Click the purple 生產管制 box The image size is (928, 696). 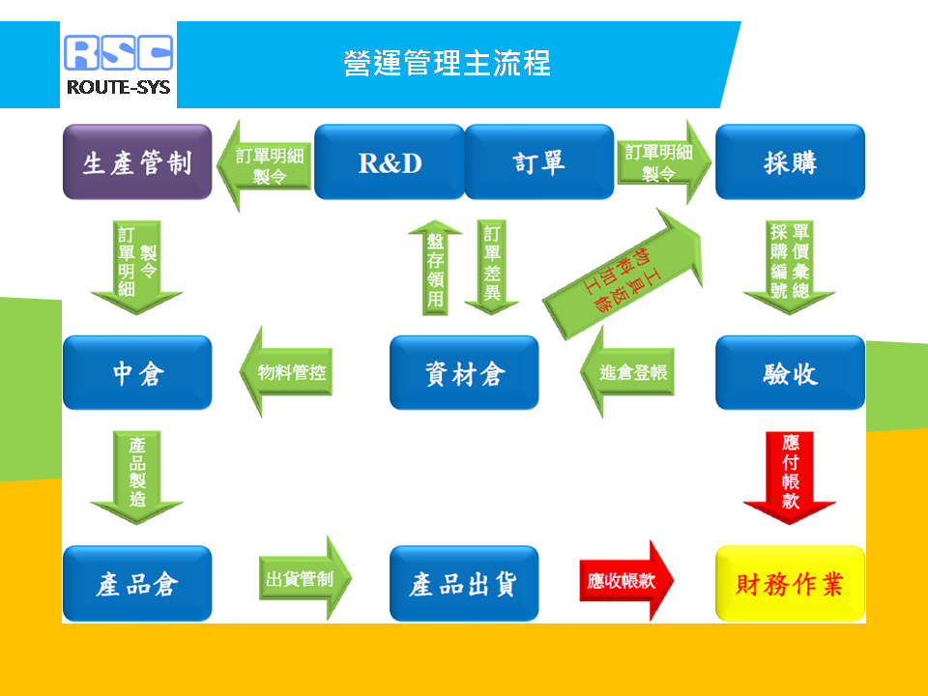tap(137, 162)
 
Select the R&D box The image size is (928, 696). tap(390, 162)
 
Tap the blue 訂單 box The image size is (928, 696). tap(539, 162)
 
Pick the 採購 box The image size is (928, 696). tap(790, 162)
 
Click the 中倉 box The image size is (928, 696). tap(137, 373)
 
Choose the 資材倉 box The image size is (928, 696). tap(464, 373)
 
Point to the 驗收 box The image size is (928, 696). tap(790, 373)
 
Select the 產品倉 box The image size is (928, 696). tap(137, 584)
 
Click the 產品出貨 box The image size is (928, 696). tap(464, 584)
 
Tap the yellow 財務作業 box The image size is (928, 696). tap(790, 584)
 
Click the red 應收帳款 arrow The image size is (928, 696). tap(626, 581)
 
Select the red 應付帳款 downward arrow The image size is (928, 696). tap(790, 478)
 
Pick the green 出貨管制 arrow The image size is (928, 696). tap(305, 578)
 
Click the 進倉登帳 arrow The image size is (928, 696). tap(627, 371)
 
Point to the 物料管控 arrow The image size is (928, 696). tap(286, 371)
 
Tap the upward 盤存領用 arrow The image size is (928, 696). tap(436, 268)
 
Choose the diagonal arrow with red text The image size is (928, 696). tap(623, 275)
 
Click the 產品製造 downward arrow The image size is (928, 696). tap(136, 478)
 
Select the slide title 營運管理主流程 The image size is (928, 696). tap(448, 64)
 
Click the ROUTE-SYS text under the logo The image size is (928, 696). tap(118, 88)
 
